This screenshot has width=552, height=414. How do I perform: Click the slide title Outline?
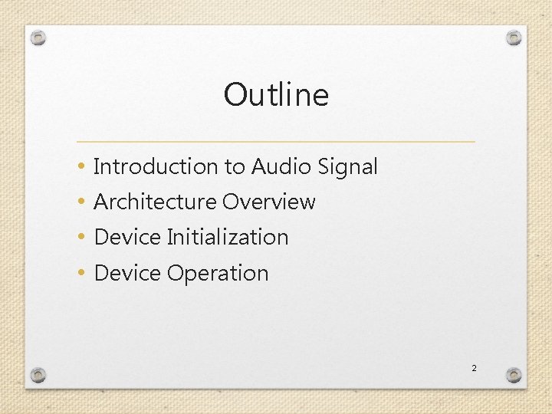pos(276,95)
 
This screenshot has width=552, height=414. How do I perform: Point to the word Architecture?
pos(155,202)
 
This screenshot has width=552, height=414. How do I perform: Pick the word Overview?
pos(269,202)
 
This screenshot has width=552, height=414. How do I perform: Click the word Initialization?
pos(228,238)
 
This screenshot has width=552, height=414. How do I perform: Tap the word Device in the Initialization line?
pos(127,238)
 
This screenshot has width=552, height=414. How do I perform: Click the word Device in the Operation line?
pos(127,273)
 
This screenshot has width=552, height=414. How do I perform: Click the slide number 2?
pos(474,369)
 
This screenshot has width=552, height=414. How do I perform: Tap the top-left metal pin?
pos(39,38)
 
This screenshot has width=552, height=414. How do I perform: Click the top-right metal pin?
pos(514,38)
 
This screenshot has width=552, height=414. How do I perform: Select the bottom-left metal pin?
pos(38,375)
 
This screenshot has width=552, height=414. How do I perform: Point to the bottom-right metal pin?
pos(514,375)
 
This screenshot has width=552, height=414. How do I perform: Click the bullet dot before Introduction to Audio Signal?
pos(81,167)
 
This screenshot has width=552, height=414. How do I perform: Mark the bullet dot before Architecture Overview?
pos(81,202)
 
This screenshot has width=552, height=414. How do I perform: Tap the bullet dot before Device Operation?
pos(81,274)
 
